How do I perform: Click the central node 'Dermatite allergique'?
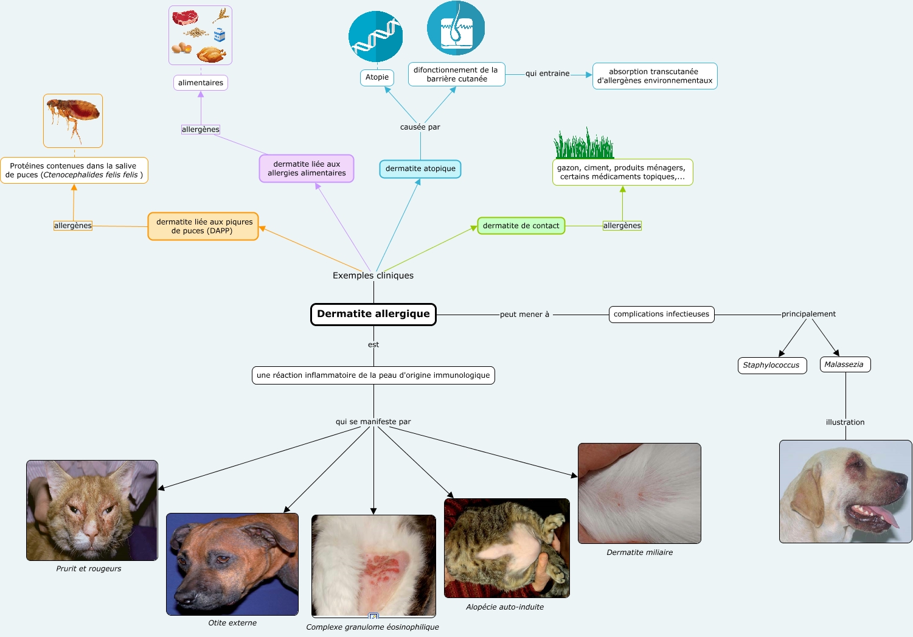[x=373, y=315]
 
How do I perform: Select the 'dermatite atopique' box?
[x=420, y=169]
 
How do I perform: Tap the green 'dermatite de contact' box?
[x=521, y=226]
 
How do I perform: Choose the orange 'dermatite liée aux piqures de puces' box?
[x=203, y=226]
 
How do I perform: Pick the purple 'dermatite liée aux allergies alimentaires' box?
[x=307, y=169]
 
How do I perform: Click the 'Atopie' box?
[x=377, y=77]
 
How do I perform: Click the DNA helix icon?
[x=375, y=37]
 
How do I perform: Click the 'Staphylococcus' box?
[x=771, y=365]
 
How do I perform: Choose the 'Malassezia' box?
[x=844, y=364]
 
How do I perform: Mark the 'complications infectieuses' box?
[x=661, y=314]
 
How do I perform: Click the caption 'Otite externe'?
[x=232, y=623]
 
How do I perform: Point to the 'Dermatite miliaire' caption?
[x=639, y=552]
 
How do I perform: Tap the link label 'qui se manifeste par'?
[x=373, y=422]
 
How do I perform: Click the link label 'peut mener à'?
[x=524, y=315]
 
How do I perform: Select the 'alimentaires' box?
[x=201, y=83]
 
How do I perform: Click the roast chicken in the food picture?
[x=211, y=55]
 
